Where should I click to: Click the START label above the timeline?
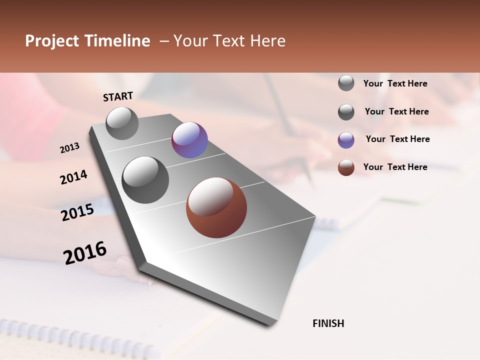point(118,96)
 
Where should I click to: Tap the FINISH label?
point(328,323)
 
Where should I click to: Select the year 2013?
point(70,148)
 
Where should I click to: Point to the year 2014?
point(73,177)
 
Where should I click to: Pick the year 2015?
point(77,212)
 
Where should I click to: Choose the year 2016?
point(85,252)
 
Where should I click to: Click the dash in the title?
point(163,41)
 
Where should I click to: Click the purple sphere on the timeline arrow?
point(189,140)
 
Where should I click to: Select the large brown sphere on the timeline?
point(216,207)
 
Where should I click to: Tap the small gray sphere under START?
point(122,123)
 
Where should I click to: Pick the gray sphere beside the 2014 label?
point(145,179)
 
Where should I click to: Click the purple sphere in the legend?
point(346,140)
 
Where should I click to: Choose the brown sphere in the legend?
point(346,167)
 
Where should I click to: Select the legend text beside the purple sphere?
point(397,139)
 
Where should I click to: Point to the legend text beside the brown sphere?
point(395,167)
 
